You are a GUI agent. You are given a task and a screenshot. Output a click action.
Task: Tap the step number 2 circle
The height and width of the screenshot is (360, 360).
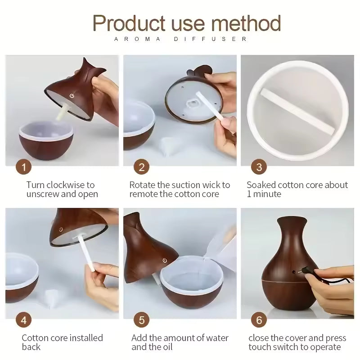coord(141,167)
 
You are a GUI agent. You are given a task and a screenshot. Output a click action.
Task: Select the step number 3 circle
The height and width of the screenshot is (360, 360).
coord(259,167)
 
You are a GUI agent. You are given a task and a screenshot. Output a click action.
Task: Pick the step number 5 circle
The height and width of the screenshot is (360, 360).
coord(141,320)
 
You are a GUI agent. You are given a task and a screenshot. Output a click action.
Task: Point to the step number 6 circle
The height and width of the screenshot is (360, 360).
coord(259,320)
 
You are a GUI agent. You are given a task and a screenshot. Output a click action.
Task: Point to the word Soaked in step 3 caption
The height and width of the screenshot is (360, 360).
coord(261,185)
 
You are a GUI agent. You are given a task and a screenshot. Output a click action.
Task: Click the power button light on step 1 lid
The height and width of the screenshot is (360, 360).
coord(71,95)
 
